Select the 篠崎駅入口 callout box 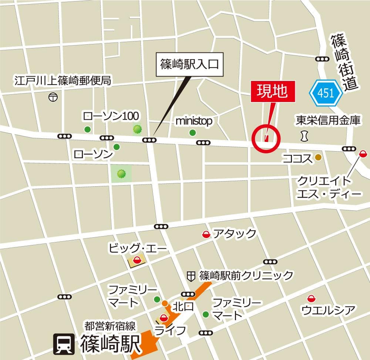click(190, 65)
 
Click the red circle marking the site click(266, 138)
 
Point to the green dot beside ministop click(192, 133)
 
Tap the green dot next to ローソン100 click(87, 129)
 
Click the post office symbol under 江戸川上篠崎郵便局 click(53, 97)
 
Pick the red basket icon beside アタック click(205, 234)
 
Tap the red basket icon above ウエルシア click(312, 298)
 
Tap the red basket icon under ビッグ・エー click(137, 260)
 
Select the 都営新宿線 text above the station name click(110, 326)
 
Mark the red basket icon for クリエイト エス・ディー click(363, 153)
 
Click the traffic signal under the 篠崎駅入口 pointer click(149, 140)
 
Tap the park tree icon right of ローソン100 click(138, 129)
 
